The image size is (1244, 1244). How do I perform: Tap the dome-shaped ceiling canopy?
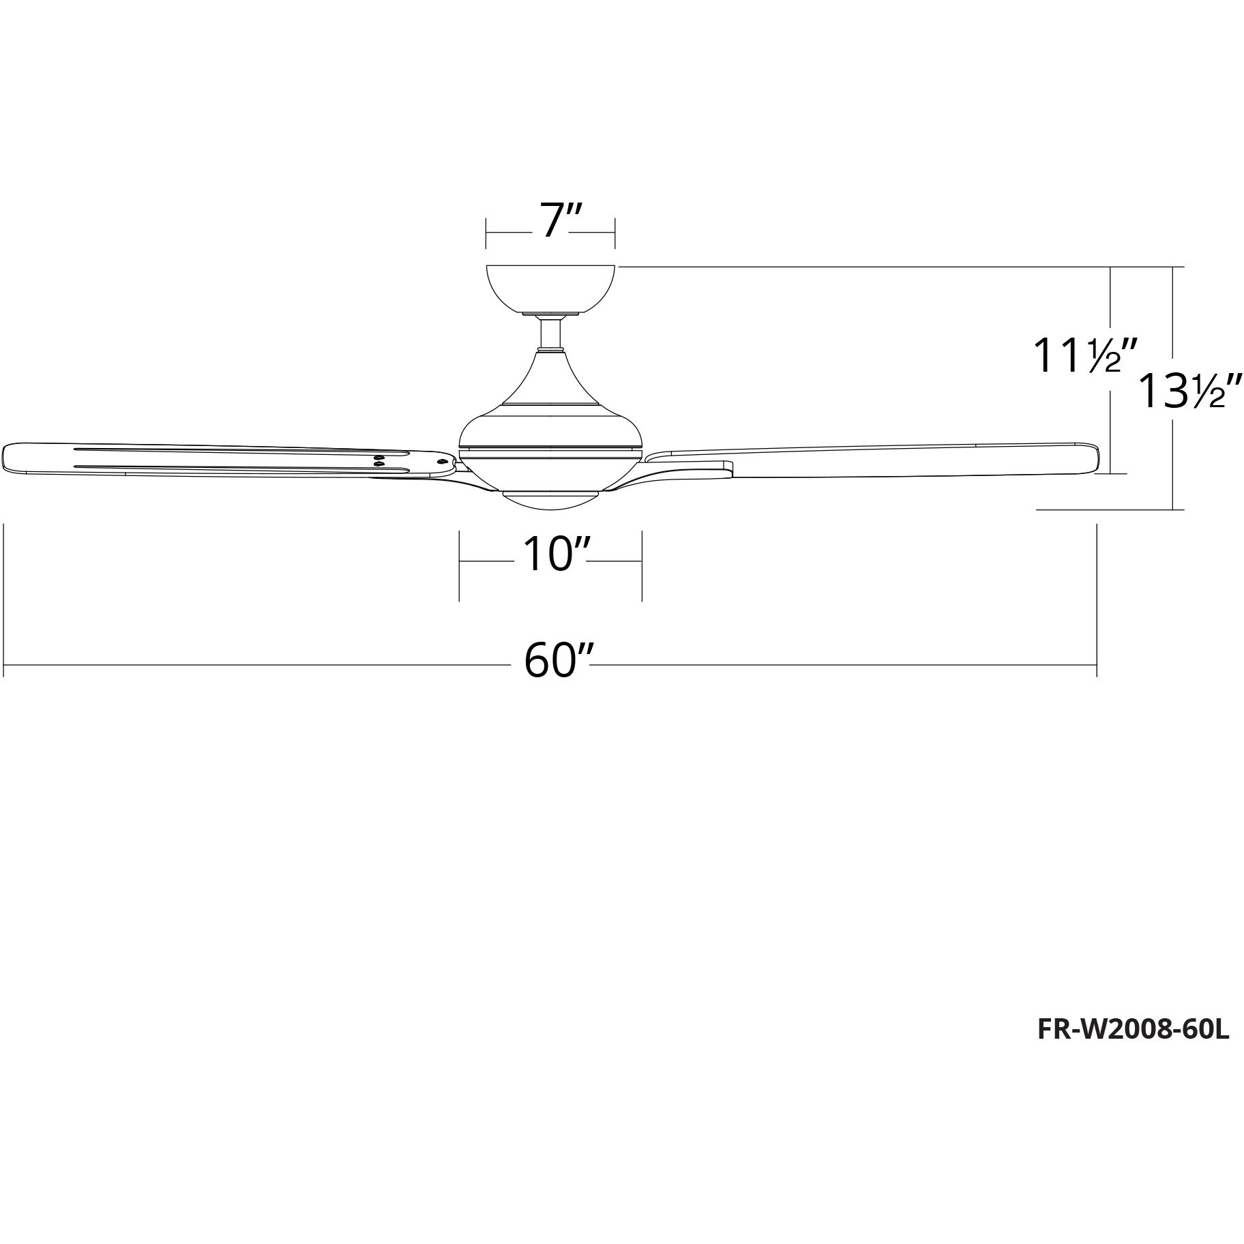550,286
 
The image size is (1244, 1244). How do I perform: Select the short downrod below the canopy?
550,334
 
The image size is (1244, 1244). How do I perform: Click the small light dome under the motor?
550,499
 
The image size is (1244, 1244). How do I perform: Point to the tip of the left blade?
8,457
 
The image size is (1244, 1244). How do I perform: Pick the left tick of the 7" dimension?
486,233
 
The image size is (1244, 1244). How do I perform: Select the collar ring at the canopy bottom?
550,314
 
